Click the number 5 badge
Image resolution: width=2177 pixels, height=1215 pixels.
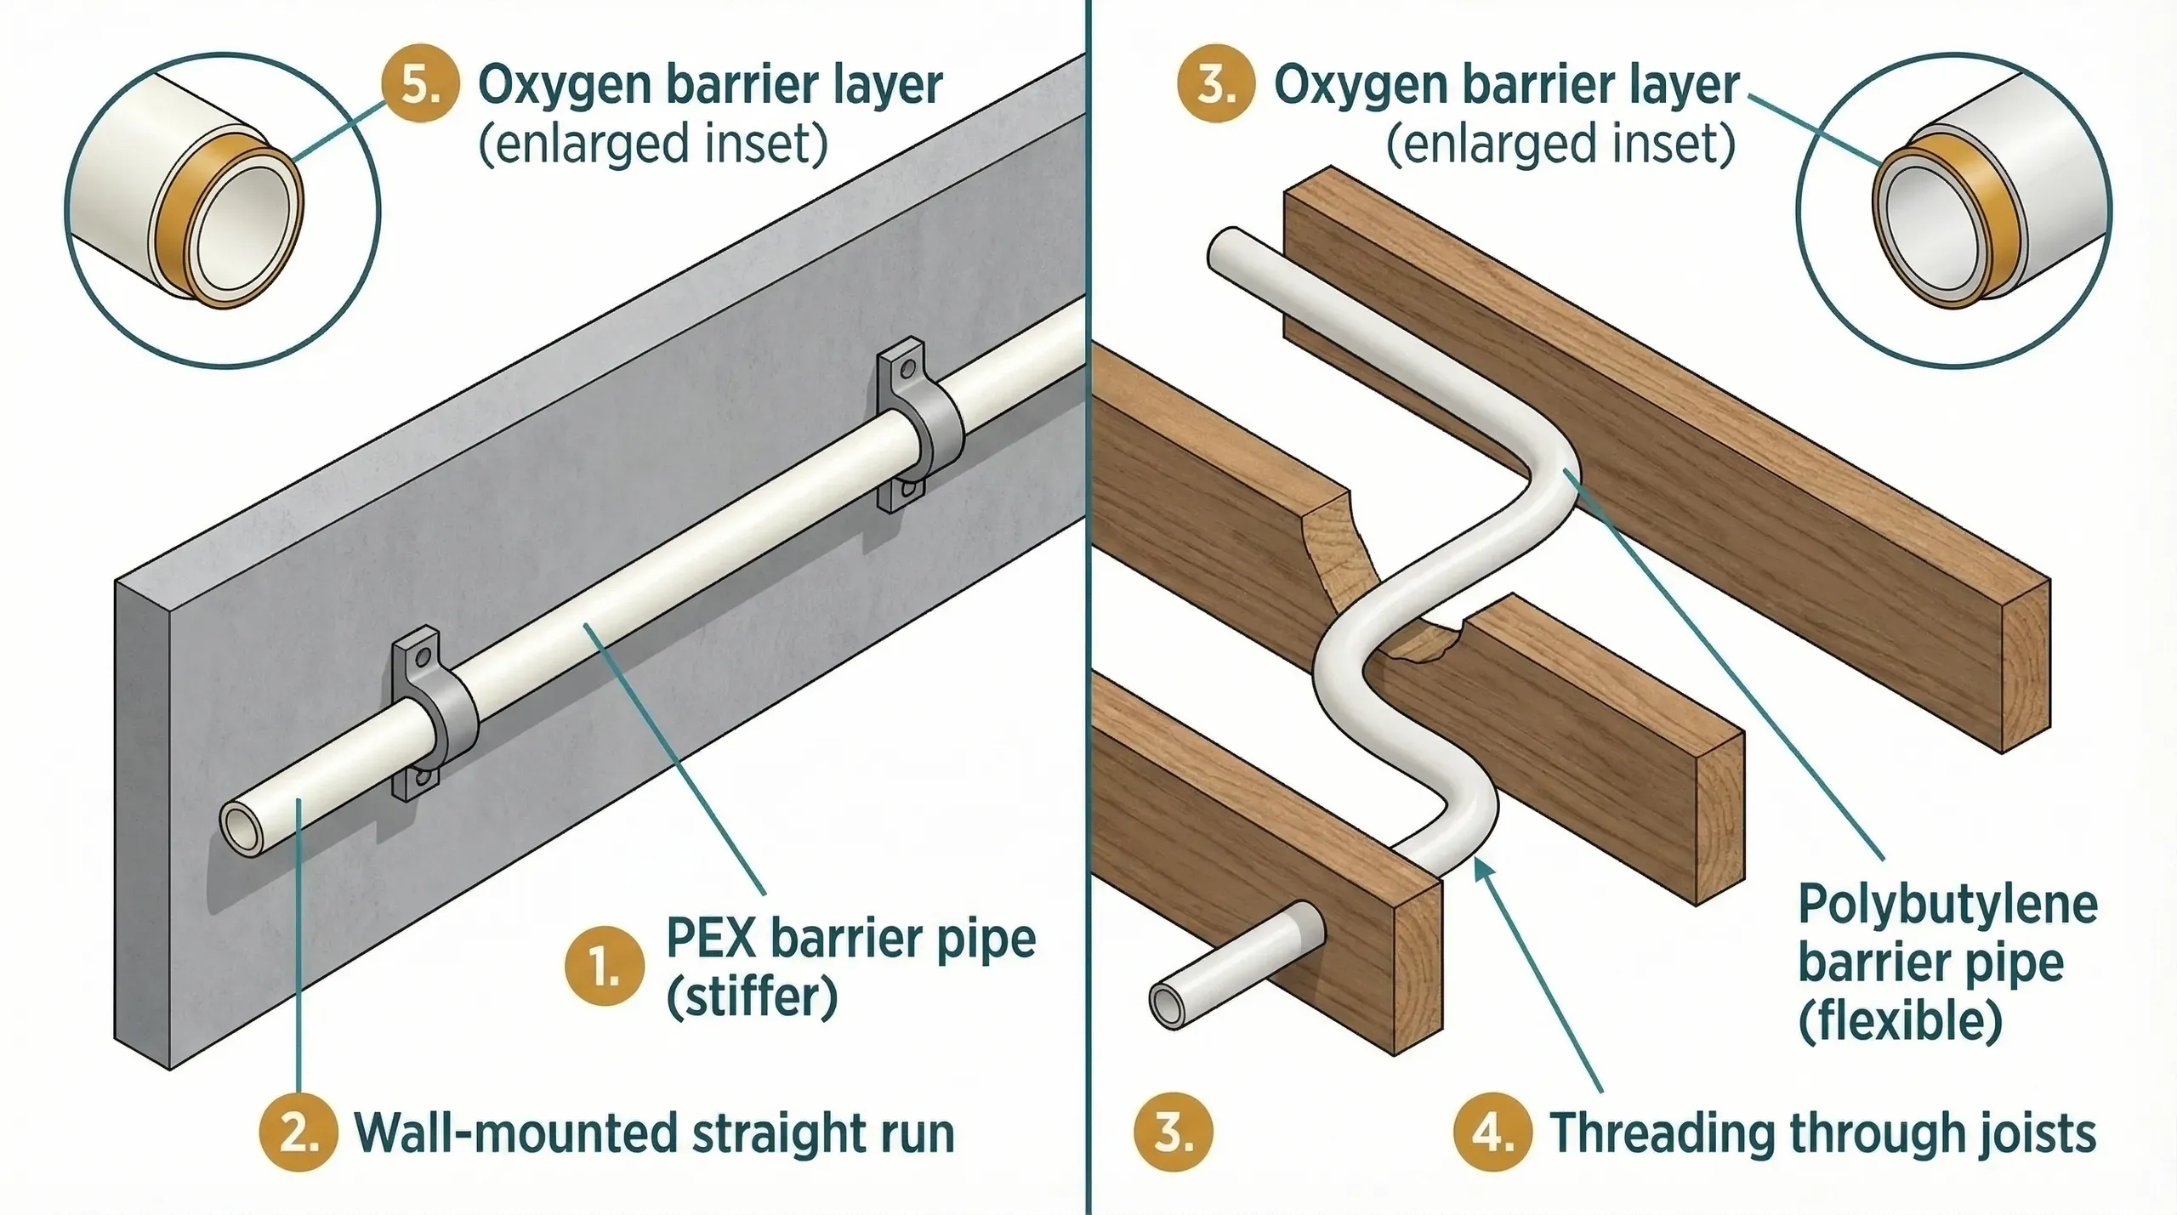[420, 85]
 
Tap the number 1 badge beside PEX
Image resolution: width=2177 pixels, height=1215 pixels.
[605, 967]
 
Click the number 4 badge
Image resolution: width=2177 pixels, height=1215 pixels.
[1493, 1133]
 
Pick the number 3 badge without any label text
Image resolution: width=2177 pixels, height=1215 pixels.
[1173, 1133]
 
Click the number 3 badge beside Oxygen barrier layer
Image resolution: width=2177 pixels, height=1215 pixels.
[1216, 85]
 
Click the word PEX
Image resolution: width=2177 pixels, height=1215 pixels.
[711, 939]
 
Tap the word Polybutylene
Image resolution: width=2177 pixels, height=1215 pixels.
[1947, 904]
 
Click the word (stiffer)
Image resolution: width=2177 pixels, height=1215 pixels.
[752, 996]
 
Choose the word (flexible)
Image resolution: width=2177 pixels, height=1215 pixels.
[1900, 1020]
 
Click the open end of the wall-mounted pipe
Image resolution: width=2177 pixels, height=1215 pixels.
[242, 830]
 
